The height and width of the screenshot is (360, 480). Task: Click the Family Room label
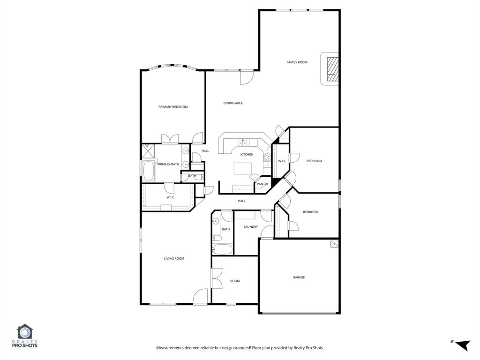(x=297, y=62)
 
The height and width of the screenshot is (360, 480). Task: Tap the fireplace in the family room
(x=332, y=69)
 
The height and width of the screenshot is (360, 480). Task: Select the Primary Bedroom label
(x=173, y=107)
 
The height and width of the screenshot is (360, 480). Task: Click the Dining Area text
(x=232, y=103)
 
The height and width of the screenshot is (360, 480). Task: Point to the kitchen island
(x=245, y=168)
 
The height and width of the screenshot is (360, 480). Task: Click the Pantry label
(x=262, y=184)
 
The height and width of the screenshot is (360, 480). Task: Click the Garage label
(x=299, y=277)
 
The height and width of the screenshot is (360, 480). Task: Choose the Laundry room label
(x=251, y=227)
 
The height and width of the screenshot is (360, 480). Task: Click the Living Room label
(x=173, y=258)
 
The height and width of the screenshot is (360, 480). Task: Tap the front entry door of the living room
(x=201, y=296)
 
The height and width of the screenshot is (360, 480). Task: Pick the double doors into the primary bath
(x=170, y=139)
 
